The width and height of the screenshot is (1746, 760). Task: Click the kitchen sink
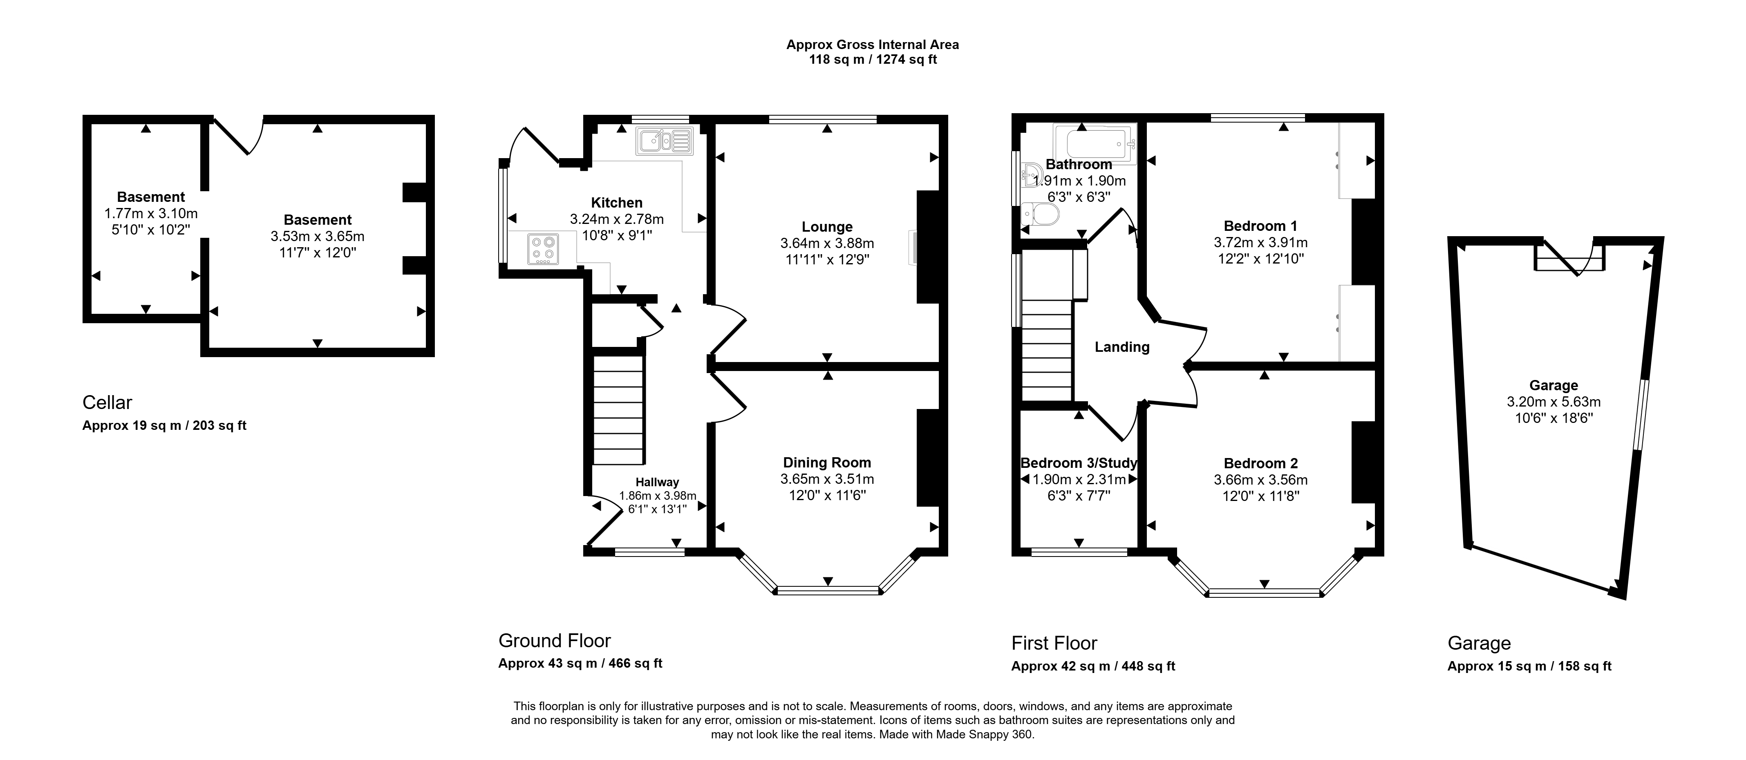[664, 141]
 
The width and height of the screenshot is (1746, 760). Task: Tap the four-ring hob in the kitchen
[544, 248]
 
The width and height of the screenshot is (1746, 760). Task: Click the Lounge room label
[827, 227]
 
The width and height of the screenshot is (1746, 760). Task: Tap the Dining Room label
[827, 463]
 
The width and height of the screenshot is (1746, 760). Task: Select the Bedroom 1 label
[1260, 226]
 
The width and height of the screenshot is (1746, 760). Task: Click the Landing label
[1122, 347]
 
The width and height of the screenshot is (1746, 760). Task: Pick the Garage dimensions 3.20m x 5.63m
[1553, 402]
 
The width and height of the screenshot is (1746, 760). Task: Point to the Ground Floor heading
[555, 641]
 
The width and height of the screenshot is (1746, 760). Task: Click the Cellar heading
[107, 402]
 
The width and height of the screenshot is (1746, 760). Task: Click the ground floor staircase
[618, 410]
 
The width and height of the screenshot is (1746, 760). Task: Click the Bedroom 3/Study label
[1078, 463]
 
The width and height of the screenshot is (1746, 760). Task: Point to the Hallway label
[657, 482]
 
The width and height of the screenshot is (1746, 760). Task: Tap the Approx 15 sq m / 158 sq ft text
[1529, 666]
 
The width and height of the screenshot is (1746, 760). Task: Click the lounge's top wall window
[823, 120]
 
